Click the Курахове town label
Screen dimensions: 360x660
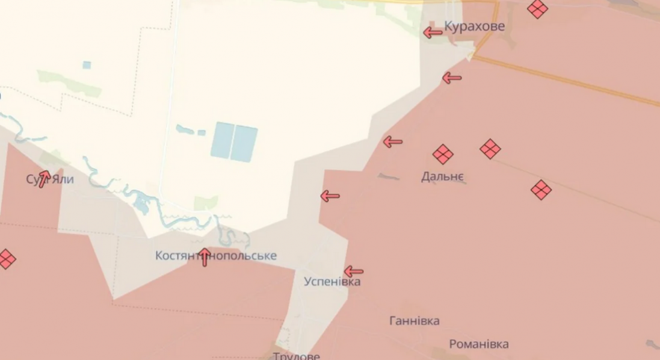click(474, 26)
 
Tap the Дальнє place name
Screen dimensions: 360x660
click(442, 176)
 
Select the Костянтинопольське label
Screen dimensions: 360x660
click(216, 256)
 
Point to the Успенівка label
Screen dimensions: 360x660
click(332, 282)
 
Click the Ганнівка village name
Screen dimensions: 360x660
click(414, 321)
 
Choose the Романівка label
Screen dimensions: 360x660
click(478, 344)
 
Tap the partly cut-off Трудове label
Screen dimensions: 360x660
click(296, 355)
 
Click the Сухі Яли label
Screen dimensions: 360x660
click(50, 179)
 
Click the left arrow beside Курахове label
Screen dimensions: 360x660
click(433, 33)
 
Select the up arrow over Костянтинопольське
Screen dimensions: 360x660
click(205, 257)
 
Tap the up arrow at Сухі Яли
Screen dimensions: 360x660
click(43, 179)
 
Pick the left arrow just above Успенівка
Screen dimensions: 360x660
click(353, 272)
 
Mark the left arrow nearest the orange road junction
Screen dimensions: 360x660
click(452, 78)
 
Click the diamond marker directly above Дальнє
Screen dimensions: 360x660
click(443, 154)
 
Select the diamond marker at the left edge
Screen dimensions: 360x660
click(6, 259)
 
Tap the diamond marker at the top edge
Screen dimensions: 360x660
click(537, 8)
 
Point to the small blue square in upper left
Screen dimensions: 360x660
click(87, 65)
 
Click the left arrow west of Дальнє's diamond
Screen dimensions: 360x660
click(393, 142)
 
